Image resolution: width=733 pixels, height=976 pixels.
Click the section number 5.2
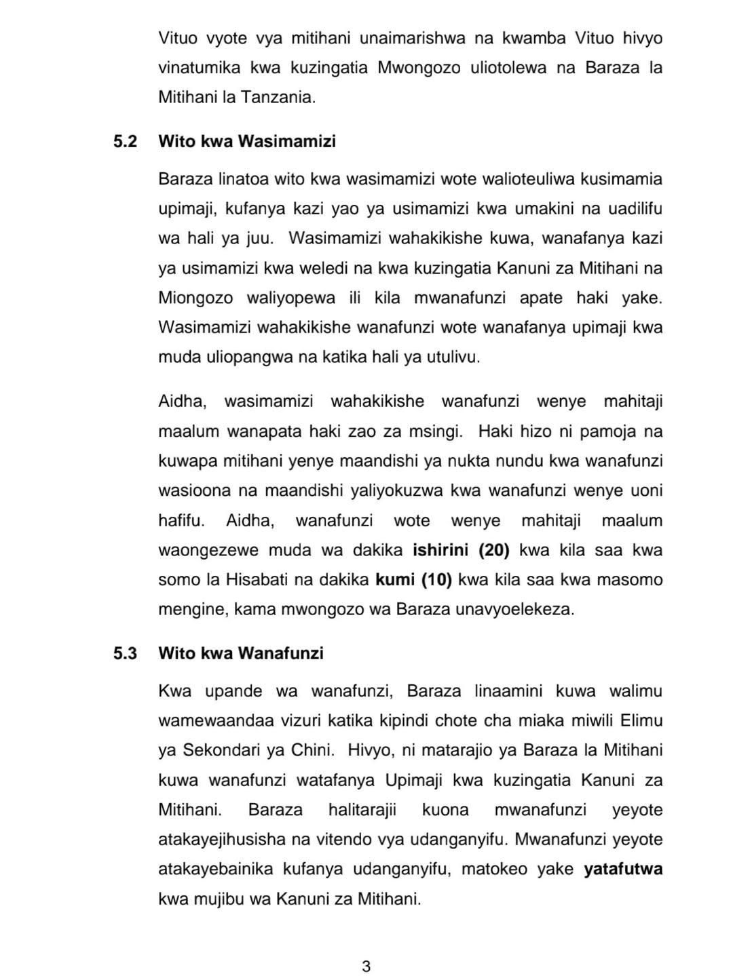[x=125, y=142]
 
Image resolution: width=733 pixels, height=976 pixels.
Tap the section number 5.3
[x=125, y=653]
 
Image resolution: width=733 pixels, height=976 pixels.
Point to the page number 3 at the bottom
[x=366, y=967]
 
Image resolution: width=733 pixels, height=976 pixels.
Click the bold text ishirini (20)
[x=461, y=550]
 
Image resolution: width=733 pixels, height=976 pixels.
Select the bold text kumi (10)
[x=414, y=580]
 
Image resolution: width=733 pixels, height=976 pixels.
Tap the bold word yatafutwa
[x=623, y=870]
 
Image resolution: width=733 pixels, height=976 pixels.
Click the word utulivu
[x=452, y=357]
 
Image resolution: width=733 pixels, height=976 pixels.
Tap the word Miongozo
[x=195, y=298]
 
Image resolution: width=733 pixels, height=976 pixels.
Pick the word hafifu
[x=181, y=521]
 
